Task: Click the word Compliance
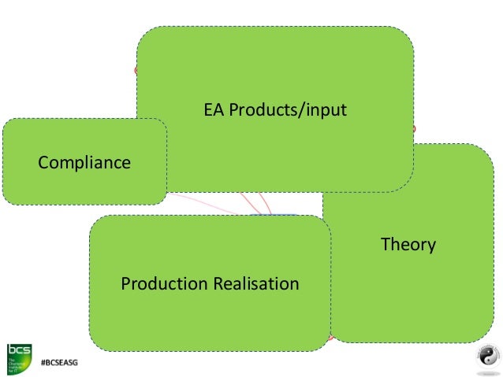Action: [x=84, y=163]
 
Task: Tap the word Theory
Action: [x=408, y=245]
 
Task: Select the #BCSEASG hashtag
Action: [x=60, y=364]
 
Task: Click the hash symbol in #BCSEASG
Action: [x=44, y=364]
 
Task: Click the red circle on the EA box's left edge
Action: [x=136, y=70]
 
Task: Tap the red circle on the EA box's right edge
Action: [x=412, y=128]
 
